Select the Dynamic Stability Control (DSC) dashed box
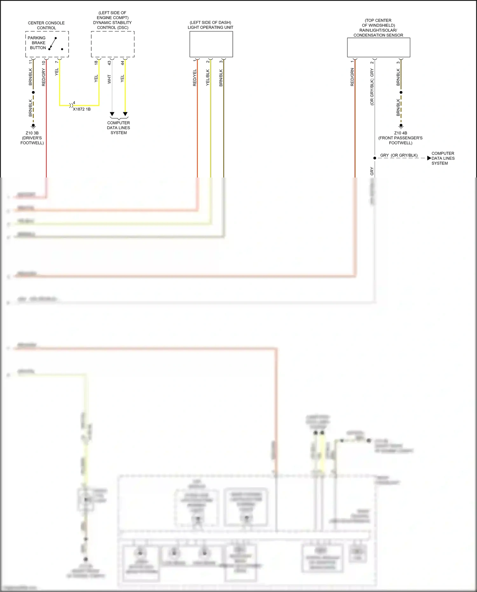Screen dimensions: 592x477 pyautogui.click(x=113, y=44)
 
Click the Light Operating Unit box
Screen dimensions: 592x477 pyautogui.click(x=211, y=44)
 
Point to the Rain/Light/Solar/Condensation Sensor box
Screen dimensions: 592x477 pyautogui.click(x=378, y=47)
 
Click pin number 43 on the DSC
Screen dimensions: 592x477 pyautogui.click(x=109, y=63)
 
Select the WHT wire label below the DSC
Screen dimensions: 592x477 pyautogui.click(x=109, y=79)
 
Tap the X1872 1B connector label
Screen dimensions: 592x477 pyautogui.click(x=82, y=109)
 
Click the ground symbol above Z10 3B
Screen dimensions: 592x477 pyautogui.click(x=33, y=126)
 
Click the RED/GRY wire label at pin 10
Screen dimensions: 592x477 pyautogui.click(x=44, y=77)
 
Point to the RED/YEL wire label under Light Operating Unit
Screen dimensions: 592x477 pyautogui.click(x=195, y=78)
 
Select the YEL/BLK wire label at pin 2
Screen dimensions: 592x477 pyautogui.click(x=208, y=78)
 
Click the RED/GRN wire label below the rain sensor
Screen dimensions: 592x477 pyautogui.click(x=352, y=77)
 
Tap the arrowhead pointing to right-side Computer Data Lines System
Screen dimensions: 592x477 pyautogui.click(x=429, y=158)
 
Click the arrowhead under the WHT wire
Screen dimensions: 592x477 pyautogui.click(x=112, y=114)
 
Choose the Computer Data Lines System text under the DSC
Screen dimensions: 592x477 pyautogui.click(x=118, y=128)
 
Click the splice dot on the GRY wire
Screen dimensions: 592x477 pyautogui.click(x=375, y=158)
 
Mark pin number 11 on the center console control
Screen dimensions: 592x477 pyautogui.click(x=31, y=62)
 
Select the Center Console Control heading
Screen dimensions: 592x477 pyautogui.click(x=46, y=25)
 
